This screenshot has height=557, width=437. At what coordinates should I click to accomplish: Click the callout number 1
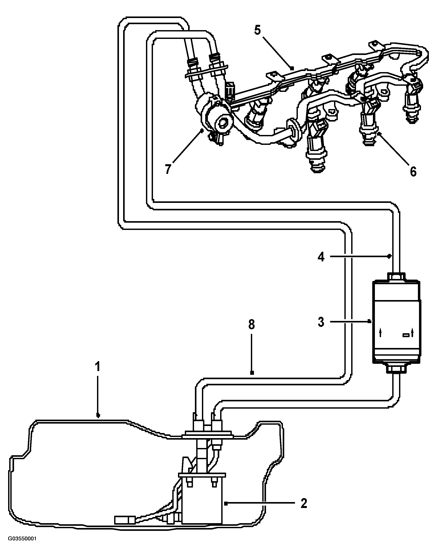(x=97, y=367)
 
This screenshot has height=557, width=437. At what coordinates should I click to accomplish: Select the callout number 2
(x=304, y=503)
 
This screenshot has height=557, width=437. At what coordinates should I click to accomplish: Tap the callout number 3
(x=321, y=322)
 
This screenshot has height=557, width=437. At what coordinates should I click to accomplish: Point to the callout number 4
(x=321, y=257)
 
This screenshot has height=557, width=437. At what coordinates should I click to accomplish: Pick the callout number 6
(x=413, y=171)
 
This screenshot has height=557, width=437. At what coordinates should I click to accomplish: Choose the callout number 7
(x=168, y=169)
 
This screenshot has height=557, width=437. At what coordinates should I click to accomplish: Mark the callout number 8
(x=252, y=324)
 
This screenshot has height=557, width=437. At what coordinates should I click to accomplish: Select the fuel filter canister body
(x=396, y=323)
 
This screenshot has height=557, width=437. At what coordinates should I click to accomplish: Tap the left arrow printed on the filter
(x=380, y=333)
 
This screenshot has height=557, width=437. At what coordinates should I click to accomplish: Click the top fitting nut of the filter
(x=396, y=277)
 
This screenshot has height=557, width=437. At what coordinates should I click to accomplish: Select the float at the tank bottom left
(x=125, y=520)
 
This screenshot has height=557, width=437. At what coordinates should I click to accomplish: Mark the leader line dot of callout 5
(x=292, y=68)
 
